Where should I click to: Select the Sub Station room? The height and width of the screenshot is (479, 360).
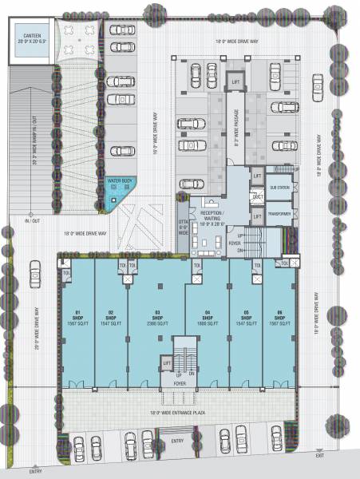pos(279,188)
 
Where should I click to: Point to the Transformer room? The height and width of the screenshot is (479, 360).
pos(279,215)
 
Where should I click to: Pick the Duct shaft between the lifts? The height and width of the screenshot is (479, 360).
pos(257,196)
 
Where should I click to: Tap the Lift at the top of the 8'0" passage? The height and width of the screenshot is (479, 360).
pos(235,82)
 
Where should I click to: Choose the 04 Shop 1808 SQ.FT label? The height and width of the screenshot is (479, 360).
pos(206,318)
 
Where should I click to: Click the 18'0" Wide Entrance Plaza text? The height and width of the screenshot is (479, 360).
pos(184,412)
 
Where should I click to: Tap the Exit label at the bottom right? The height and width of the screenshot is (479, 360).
pos(319,455)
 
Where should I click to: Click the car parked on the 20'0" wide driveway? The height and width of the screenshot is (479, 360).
pos(34,276)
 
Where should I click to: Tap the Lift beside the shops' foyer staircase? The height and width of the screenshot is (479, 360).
pos(167,364)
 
